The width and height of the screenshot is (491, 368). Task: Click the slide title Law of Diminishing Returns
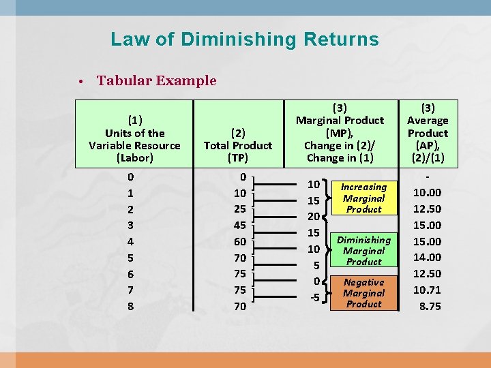(x=244, y=39)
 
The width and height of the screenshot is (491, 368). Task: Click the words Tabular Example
(x=156, y=80)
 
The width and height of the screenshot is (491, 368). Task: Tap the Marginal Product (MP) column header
(x=339, y=133)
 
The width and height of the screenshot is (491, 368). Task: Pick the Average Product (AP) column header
(x=428, y=133)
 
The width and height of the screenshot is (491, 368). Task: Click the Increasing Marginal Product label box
(x=363, y=198)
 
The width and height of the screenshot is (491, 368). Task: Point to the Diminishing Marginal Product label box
(x=363, y=251)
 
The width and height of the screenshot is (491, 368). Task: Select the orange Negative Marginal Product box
(x=363, y=293)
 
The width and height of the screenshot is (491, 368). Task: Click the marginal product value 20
(x=314, y=217)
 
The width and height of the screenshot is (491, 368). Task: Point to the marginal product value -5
(x=314, y=297)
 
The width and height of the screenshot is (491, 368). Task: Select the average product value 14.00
(x=428, y=258)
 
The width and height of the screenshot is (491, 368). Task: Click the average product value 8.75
(x=430, y=307)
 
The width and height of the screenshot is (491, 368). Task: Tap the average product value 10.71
(x=428, y=290)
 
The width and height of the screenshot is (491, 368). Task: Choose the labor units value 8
(x=130, y=307)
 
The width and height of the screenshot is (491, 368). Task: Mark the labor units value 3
(x=130, y=225)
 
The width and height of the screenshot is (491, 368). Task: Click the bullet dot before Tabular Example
(x=80, y=81)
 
